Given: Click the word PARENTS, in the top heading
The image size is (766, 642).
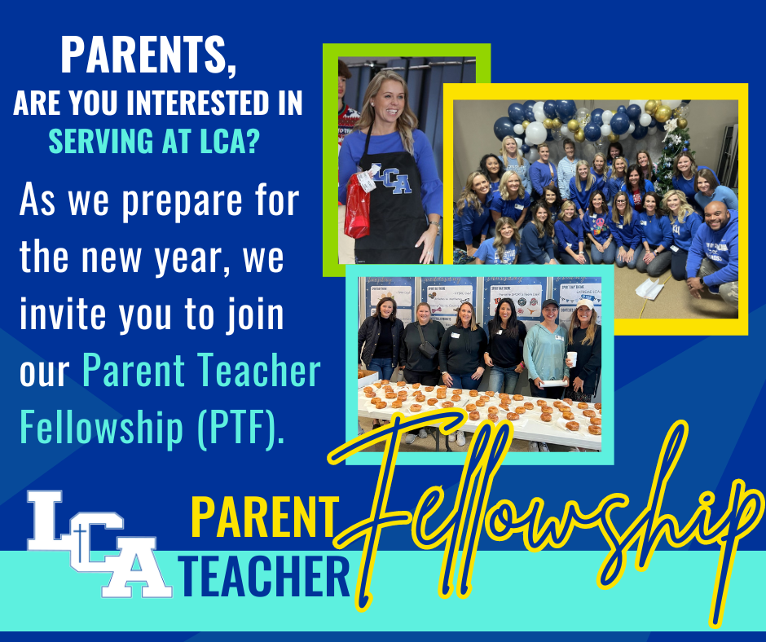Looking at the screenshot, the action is [148, 55].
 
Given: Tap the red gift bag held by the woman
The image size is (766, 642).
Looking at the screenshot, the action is [357, 205].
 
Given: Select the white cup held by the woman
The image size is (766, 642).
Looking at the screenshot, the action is [571, 359].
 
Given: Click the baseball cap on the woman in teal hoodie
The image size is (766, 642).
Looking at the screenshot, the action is [550, 303].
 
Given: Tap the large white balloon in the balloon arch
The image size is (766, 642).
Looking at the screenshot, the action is [536, 133].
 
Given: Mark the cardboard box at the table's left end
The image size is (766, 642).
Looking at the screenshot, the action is [368, 377].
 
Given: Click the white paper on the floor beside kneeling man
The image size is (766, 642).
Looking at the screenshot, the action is [649, 288].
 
